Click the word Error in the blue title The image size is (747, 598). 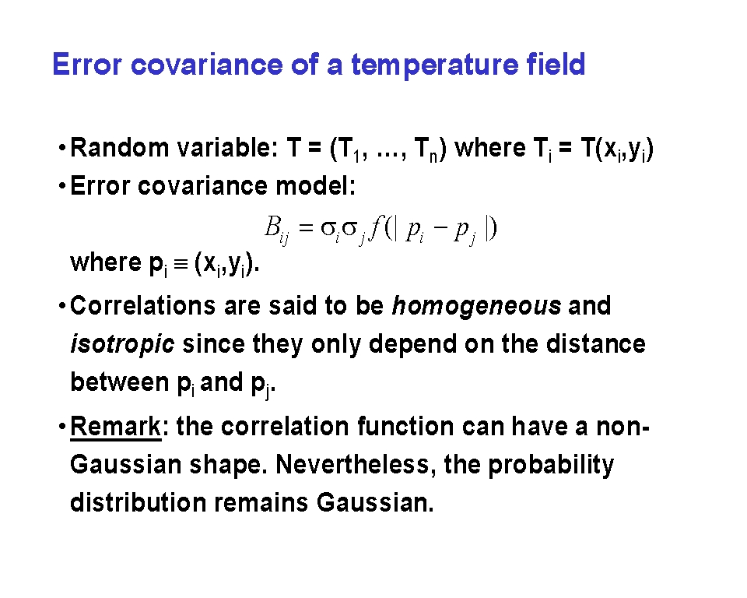(86, 65)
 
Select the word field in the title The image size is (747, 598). (556, 64)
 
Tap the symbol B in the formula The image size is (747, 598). (272, 227)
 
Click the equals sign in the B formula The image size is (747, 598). (307, 228)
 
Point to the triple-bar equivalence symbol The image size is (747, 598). (181, 264)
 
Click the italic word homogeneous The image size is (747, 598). (476, 306)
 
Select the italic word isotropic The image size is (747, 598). (122, 344)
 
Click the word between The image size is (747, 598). (120, 382)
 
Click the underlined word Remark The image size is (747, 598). (116, 426)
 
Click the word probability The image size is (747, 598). (551, 466)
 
